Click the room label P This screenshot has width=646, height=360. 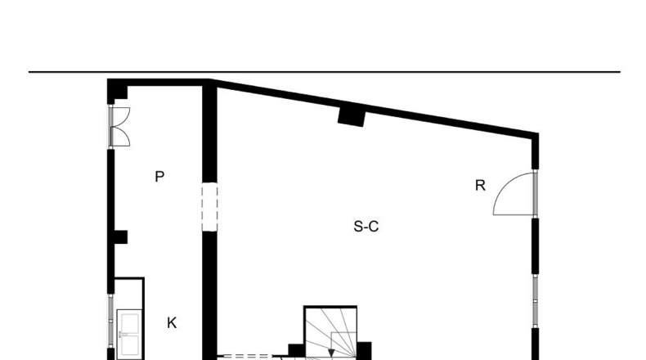coord(159,177)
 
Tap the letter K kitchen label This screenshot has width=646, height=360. coord(172,323)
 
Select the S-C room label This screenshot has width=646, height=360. coord(366,227)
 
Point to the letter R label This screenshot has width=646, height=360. coord(480,186)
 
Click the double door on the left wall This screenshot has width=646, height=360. coord(119,127)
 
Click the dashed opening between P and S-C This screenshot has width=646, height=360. coord(209,207)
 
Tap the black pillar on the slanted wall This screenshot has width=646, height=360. coord(352,116)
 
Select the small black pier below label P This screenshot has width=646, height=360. coord(120,236)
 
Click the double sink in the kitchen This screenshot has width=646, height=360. coord(129,334)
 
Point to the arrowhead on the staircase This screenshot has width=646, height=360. coord(331,353)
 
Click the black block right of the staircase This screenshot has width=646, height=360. coord(364,350)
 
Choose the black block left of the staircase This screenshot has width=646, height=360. coord(296,350)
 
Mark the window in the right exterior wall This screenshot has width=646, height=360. coord(535,300)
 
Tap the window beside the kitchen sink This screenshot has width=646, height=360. coord(110,321)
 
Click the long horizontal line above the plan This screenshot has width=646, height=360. coord(325,72)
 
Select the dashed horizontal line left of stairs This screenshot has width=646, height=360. coord(246,356)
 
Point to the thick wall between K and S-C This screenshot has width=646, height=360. coord(209,295)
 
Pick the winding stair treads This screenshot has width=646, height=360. coord(330,333)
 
